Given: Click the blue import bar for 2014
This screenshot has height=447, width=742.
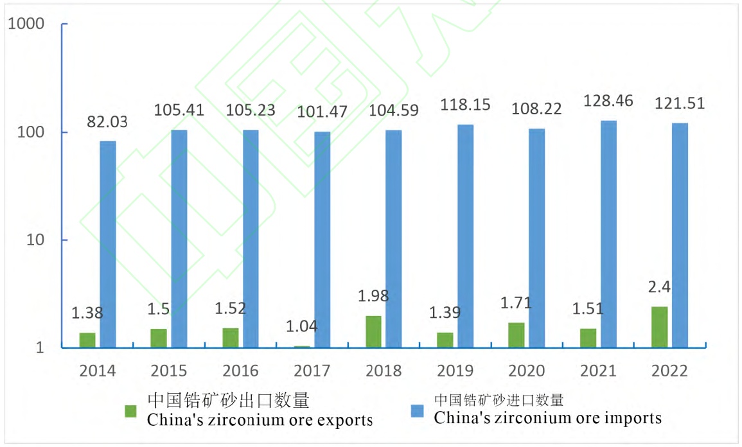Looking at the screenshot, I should (108, 244).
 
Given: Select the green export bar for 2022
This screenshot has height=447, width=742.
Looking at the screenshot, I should (659, 327).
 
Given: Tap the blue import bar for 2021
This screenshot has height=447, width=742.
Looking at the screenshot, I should (608, 234).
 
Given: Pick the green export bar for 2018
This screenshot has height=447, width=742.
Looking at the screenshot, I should (373, 331).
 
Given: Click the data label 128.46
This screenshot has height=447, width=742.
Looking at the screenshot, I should (607, 101).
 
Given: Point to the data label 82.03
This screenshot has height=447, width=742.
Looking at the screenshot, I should (109, 121).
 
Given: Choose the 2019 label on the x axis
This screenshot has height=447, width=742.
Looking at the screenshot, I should (455, 371).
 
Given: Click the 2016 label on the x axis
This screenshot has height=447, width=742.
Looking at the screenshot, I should (240, 371).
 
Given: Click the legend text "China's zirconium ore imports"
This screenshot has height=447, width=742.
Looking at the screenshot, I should (547, 418).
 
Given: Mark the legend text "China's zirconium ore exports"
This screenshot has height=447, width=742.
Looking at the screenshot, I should (260, 421).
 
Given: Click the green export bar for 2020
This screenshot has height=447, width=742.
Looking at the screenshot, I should (517, 335).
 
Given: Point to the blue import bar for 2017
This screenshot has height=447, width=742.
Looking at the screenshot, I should (322, 240).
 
